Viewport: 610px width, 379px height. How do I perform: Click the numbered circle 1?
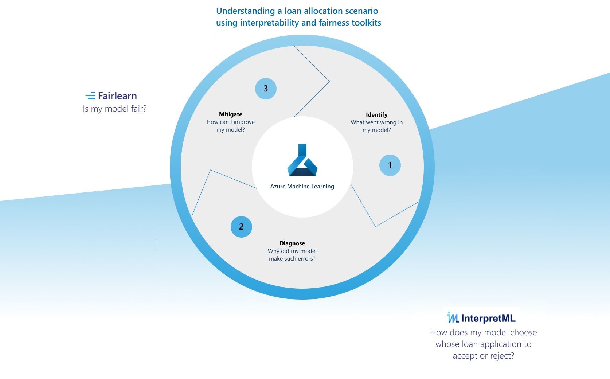390,165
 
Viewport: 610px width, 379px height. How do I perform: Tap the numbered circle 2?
241,227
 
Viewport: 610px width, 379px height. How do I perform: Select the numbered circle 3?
266,89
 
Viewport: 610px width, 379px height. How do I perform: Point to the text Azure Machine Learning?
302,187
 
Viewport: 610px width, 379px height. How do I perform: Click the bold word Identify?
376,115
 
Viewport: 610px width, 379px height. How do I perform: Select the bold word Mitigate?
230,114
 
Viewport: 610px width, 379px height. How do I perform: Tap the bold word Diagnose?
292,243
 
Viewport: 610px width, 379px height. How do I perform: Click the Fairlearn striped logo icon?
90,96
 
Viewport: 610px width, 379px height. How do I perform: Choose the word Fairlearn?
117,96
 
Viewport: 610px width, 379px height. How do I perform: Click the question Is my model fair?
114,109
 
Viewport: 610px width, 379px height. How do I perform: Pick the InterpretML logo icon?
453,318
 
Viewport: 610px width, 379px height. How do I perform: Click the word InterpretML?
488,319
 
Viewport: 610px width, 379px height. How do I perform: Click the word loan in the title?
293,11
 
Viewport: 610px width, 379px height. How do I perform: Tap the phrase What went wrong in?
376,122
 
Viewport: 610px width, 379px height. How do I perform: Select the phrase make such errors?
292,259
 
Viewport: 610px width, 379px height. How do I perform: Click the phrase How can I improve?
230,122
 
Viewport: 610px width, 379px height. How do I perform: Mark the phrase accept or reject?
483,356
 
